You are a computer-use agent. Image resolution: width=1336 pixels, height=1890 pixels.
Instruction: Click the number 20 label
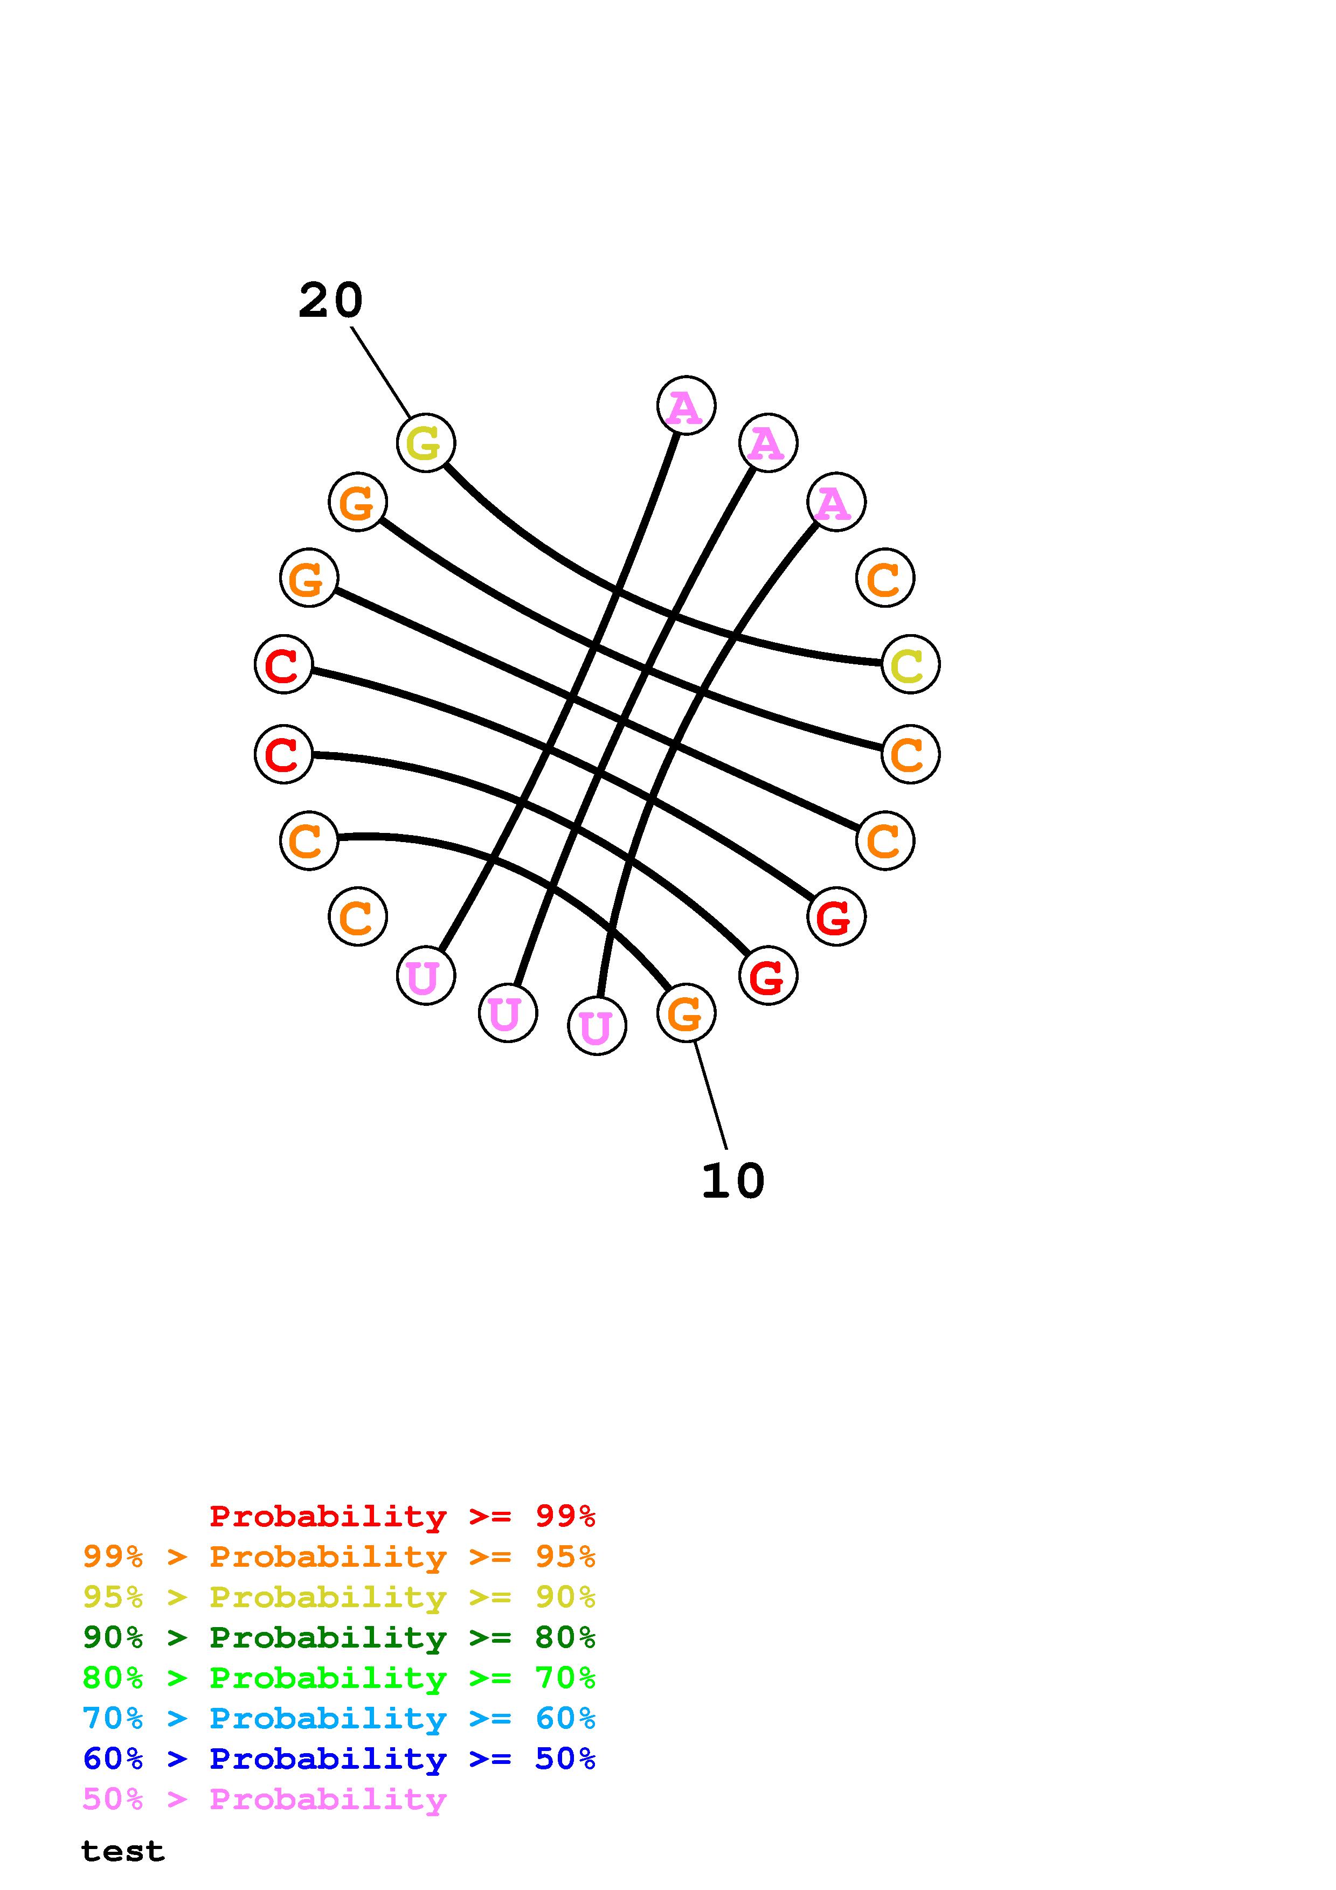tap(330, 301)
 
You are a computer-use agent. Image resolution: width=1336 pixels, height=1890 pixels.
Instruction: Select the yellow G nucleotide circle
tap(426, 443)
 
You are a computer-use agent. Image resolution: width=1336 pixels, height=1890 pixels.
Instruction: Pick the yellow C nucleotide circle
tap(910, 664)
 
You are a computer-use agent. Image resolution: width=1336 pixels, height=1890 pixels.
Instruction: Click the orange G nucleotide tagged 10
tap(686, 1012)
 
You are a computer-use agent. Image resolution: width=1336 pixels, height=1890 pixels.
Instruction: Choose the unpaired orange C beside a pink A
tap(885, 578)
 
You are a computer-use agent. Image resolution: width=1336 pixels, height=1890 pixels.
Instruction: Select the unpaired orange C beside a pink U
tap(357, 916)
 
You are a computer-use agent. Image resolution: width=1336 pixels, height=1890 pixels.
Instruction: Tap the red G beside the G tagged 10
tap(768, 976)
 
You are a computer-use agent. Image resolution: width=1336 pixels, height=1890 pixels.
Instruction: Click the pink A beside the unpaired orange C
tap(835, 502)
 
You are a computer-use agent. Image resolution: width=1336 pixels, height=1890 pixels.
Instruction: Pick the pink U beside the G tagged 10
tap(597, 1026)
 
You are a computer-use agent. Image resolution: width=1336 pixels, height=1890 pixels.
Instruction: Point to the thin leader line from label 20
tap(380, 371)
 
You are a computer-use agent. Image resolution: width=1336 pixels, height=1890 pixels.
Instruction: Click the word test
tap(123, 1851)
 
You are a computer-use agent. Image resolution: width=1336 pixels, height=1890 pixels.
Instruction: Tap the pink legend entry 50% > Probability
tap(264, 1799)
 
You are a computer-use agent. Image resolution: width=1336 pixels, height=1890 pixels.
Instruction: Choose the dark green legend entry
tap(339, 1637)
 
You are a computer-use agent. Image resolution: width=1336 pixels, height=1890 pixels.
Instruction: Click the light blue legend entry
tap(339, 1719)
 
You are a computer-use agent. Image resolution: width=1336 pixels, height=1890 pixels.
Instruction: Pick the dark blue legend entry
tap(339, 1759)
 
